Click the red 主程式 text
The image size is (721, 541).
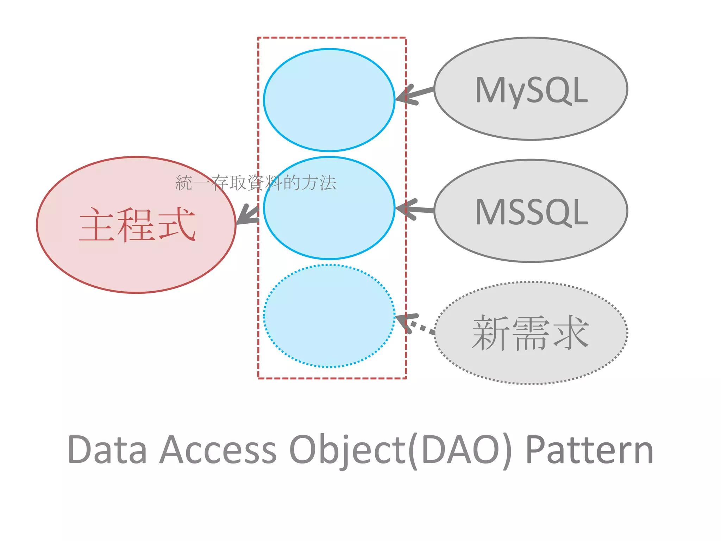point(137,225)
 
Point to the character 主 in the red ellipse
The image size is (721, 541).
point(97,225)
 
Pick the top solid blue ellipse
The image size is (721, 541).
point(329,100)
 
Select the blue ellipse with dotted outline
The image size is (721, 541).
point(329,316)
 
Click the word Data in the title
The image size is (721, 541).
point(107,450)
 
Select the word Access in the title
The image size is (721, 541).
point(218,450)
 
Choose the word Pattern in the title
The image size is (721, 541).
point(590,450)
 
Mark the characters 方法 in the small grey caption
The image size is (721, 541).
point(319,183)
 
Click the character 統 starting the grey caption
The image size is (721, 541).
point(184,183)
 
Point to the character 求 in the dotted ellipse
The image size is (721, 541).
point(570,333)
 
